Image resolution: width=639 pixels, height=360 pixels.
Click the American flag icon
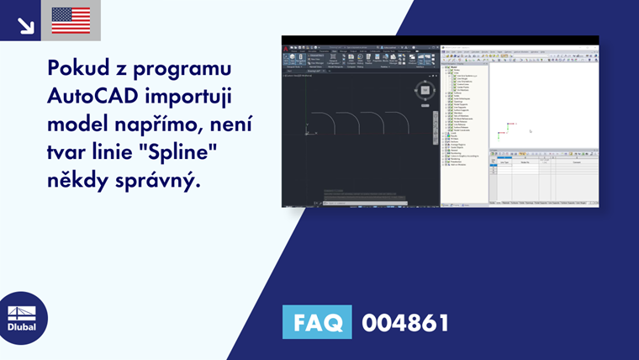click(71, 20)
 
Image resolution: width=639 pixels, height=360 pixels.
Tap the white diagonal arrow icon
click(25, 24)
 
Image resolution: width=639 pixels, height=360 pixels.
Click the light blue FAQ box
click(316, 322)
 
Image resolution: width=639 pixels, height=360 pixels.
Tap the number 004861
click(405, 322)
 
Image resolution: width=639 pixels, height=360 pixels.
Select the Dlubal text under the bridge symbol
click(22, 328)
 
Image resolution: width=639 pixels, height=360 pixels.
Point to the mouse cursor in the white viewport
click(531, 131)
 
